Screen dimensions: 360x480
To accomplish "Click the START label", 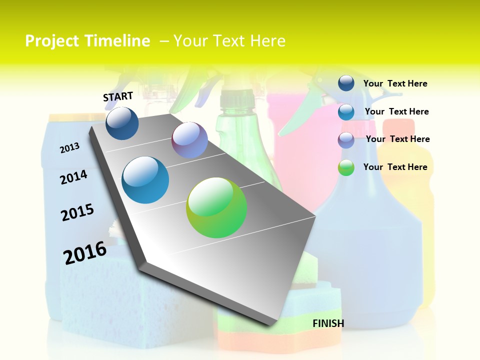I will click(118, 96).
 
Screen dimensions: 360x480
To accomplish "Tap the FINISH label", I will click(328, 323).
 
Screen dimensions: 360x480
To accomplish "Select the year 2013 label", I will click(69, 148).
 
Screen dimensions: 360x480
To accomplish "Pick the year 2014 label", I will click(73, 177).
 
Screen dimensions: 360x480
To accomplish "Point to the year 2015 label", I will click(77, 212).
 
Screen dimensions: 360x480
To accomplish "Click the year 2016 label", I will click(85, 253).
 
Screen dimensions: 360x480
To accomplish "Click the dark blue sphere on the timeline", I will click(122, 123).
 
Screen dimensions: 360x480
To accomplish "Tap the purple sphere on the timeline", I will click(189, 140).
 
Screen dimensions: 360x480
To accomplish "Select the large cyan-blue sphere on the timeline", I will click(145, 180).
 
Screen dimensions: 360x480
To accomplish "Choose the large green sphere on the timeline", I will click(216, 207).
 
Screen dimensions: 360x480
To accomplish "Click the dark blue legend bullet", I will click(346, 83).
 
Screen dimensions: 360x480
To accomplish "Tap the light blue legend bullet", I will click(346, 111).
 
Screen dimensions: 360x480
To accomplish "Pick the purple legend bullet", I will click(346, 140).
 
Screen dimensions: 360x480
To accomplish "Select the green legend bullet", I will click(346, 167).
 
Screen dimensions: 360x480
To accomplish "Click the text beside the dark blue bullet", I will click(395, 83).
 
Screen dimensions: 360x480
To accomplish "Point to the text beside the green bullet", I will click(395, 167).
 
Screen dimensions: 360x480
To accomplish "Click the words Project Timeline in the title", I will click(87, 41).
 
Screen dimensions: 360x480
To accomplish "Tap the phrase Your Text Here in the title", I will click(229, 41).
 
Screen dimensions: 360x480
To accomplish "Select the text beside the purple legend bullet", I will click(397, 139).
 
